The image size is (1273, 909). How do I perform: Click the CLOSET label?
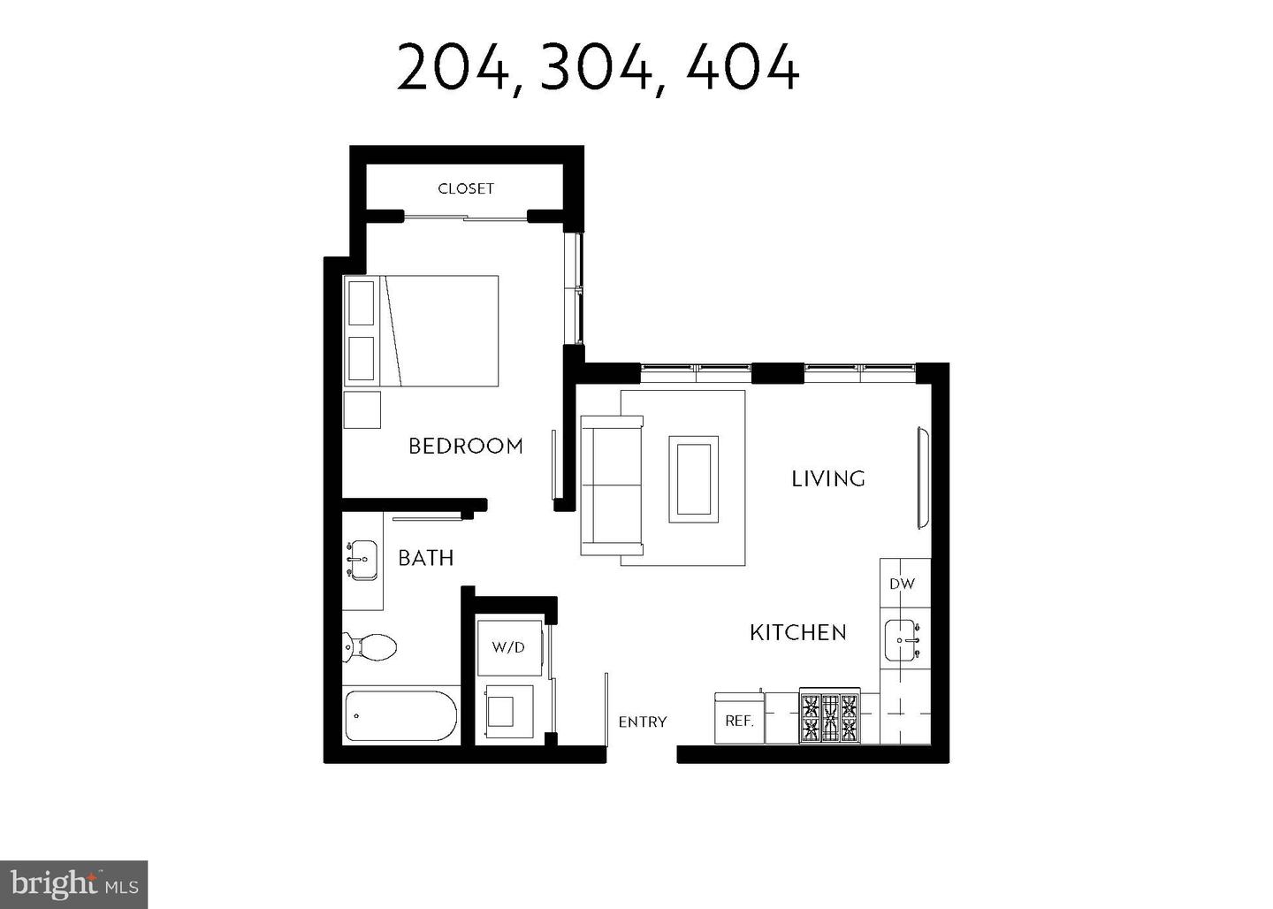466,188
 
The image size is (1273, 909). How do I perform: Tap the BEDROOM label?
465,446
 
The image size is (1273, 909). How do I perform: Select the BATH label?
425,558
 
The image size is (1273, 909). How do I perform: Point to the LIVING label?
827,478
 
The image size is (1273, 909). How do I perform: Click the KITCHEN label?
797,632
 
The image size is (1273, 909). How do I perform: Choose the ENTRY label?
642,722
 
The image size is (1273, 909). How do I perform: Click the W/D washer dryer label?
507,647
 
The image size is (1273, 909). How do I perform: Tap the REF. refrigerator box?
739,719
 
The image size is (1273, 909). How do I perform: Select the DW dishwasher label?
902,584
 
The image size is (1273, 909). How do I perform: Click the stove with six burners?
829,716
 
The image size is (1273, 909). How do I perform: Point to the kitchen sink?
902,639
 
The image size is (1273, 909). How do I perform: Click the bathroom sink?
362,560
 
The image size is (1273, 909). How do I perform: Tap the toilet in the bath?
370,646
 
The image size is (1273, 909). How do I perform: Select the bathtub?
400,715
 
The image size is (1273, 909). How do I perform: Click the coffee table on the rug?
693,478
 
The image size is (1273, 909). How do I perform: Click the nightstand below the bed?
362,410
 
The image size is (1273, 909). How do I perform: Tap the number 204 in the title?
453,68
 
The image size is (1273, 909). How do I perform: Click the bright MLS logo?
73,883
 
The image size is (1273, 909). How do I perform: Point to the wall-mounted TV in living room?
924,478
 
